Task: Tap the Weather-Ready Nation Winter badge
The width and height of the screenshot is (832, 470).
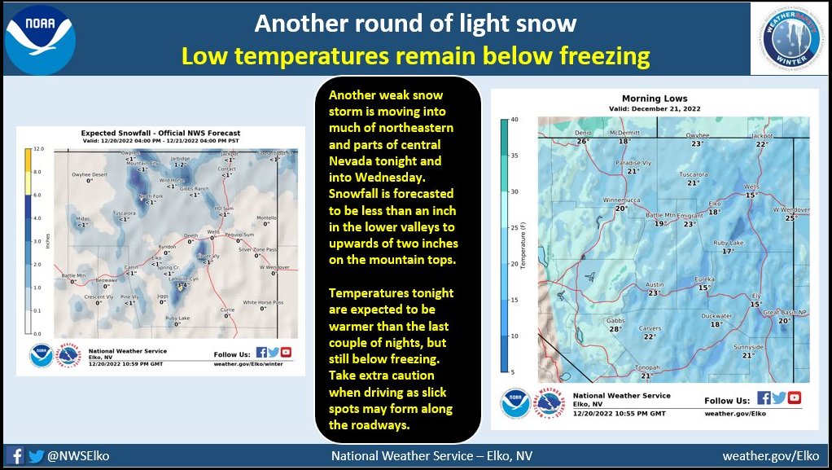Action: coord(789,38)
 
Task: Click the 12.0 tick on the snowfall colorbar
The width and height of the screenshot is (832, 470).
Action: coord(37,150)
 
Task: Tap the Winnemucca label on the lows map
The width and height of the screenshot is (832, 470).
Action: coord(622,200)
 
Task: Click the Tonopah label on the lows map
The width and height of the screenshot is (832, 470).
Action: coord(646,367)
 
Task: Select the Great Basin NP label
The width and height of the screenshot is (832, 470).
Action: coord(784,312)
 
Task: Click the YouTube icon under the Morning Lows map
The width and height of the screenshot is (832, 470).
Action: coord(795,398)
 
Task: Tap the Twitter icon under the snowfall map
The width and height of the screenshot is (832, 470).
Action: coord(274,352)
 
